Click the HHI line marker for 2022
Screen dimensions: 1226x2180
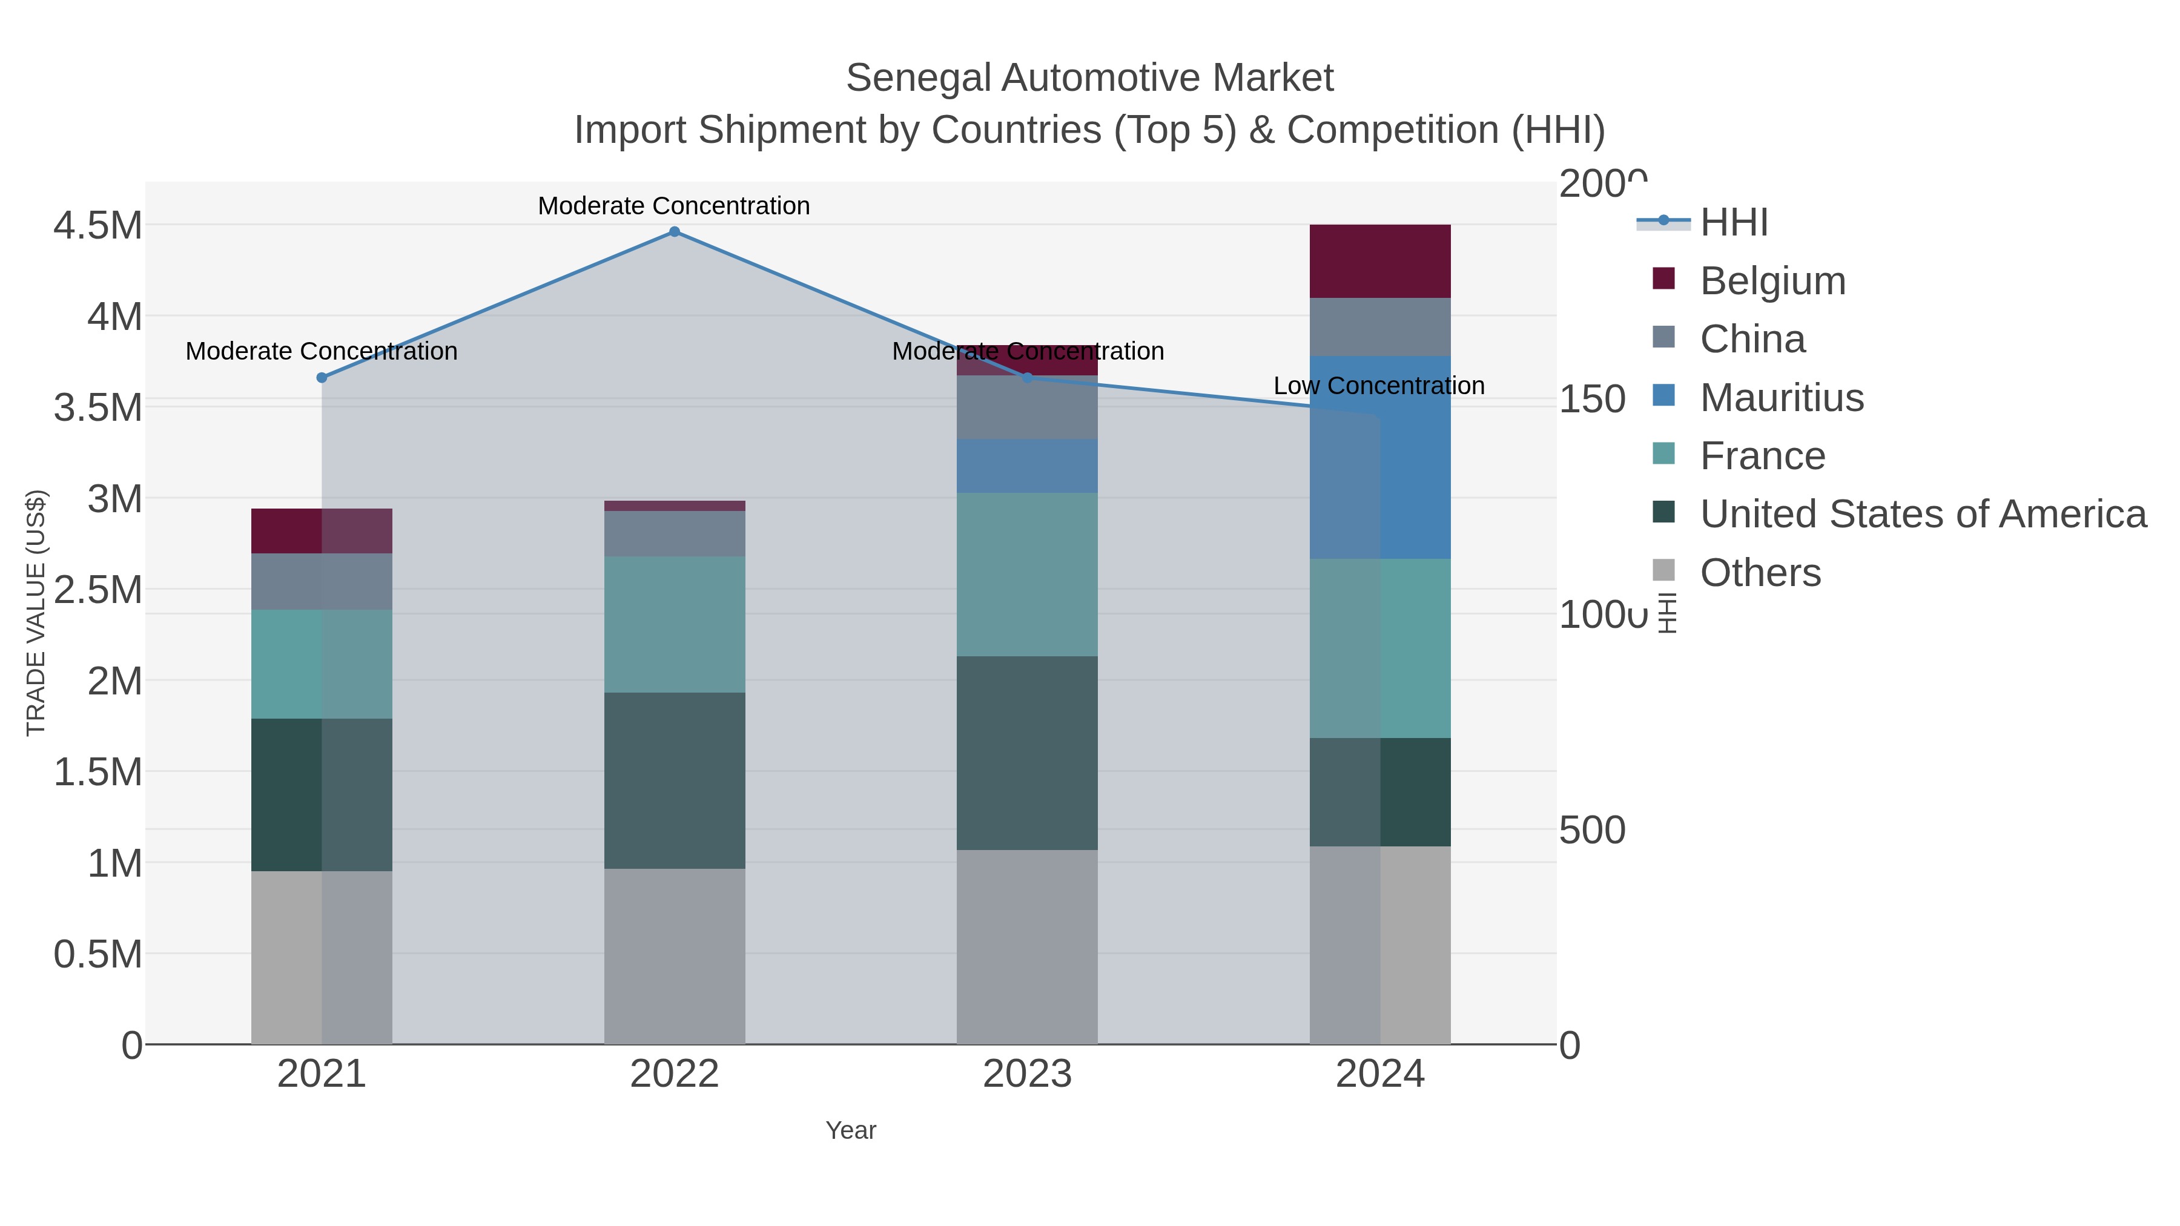pyautogui.click(x=675, y=232)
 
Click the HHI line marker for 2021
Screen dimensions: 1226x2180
pyautogui.click(x=322, y=378)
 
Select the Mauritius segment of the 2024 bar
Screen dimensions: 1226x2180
pyautogui.click(x=1380, y=457)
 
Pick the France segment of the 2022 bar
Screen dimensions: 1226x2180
pyautogui.click(x=675, y=624)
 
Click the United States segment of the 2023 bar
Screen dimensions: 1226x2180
pyautogui.click(x=1028, y=753)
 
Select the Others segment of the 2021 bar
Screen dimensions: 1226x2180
pyautogui.click(x=322, y=957)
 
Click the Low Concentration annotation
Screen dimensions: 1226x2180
pyautogui.click(x=1379, y=386)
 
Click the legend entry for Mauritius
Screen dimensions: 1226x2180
pyautogui.click(x=1782, y=398)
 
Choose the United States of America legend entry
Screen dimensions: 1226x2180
pyautogui.click(x=1923, y=515)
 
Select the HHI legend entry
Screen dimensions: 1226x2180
pyautogui.click(x=1733, y=223)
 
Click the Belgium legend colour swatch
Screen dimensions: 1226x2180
pyautogui.click(x=1663, y=279)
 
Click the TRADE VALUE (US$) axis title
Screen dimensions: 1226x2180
pyautogui.click(x=36, y=613)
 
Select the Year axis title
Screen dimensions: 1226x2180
pyautogui.click(x=851, y=1130)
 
